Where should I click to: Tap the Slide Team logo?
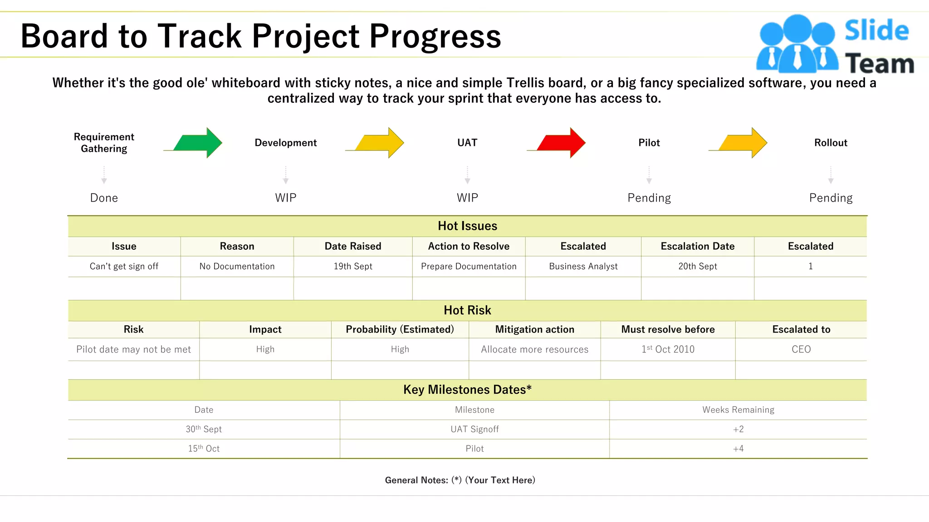click(835, 44)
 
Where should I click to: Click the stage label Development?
click(286, 143)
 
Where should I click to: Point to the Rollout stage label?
click(831, 143)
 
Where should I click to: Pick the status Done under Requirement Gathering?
click(104, 198)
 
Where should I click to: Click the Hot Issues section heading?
click(467, 226)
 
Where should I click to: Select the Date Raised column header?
click(353, 246)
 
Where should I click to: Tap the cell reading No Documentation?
click(237, 266)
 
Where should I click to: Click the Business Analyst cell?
click(583, 266)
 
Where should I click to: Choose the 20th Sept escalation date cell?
click(698, 266)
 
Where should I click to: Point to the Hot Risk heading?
click(467, 310)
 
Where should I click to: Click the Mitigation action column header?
click(534, 329)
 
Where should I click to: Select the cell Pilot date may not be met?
click(133, 349)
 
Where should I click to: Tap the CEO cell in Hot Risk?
click(801, 349)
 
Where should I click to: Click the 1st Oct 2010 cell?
click(668, 349)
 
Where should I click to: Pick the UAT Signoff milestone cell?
click(474, 429)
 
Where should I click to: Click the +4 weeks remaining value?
click(738, 449)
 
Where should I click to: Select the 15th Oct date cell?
click(204, 449)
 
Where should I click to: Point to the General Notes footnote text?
click(460, 480)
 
